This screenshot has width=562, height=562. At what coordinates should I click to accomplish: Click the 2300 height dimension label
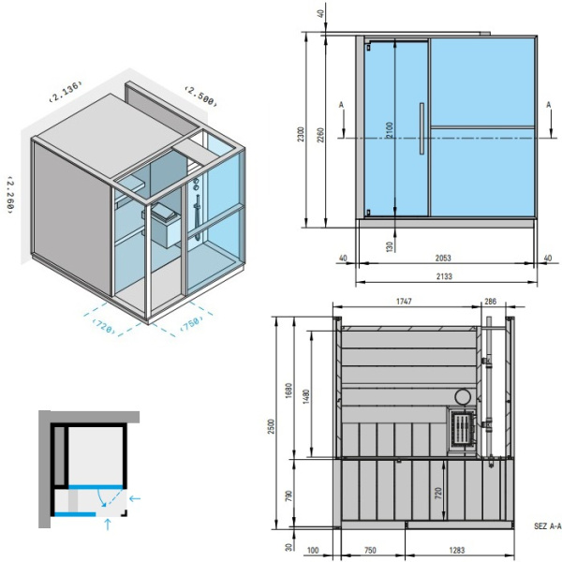point(301,134)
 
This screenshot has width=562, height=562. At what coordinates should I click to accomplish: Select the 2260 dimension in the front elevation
point(320,135)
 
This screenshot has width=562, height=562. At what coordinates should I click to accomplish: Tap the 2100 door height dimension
point(390,130)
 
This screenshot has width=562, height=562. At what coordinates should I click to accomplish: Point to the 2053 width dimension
point(443,259)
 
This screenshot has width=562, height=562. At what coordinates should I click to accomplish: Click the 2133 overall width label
point(444,276)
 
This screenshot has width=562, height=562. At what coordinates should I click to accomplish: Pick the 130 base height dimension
point(390,246)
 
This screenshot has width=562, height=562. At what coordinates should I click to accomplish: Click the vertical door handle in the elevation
point(421,128)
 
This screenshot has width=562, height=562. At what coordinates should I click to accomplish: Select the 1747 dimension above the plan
point(404,302)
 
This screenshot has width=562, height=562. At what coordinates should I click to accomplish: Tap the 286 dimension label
point(490,302)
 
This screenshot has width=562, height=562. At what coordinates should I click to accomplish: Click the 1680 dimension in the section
point(289,391)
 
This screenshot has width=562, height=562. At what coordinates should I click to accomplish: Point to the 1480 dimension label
point(305,397)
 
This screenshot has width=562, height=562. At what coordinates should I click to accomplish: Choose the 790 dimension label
point(289,495)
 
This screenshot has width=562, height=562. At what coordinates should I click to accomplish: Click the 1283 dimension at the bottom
point(457,550)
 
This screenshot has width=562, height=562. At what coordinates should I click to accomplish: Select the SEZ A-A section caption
point(547,526)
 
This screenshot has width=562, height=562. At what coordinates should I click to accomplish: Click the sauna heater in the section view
point(463,429)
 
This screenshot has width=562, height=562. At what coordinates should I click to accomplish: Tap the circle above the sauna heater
point(463,397)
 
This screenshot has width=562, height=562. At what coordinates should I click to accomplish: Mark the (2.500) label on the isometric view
point(201,96)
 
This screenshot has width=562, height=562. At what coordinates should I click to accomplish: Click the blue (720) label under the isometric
point(104,327)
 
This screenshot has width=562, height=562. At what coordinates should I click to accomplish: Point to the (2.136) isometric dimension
point(66,92)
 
